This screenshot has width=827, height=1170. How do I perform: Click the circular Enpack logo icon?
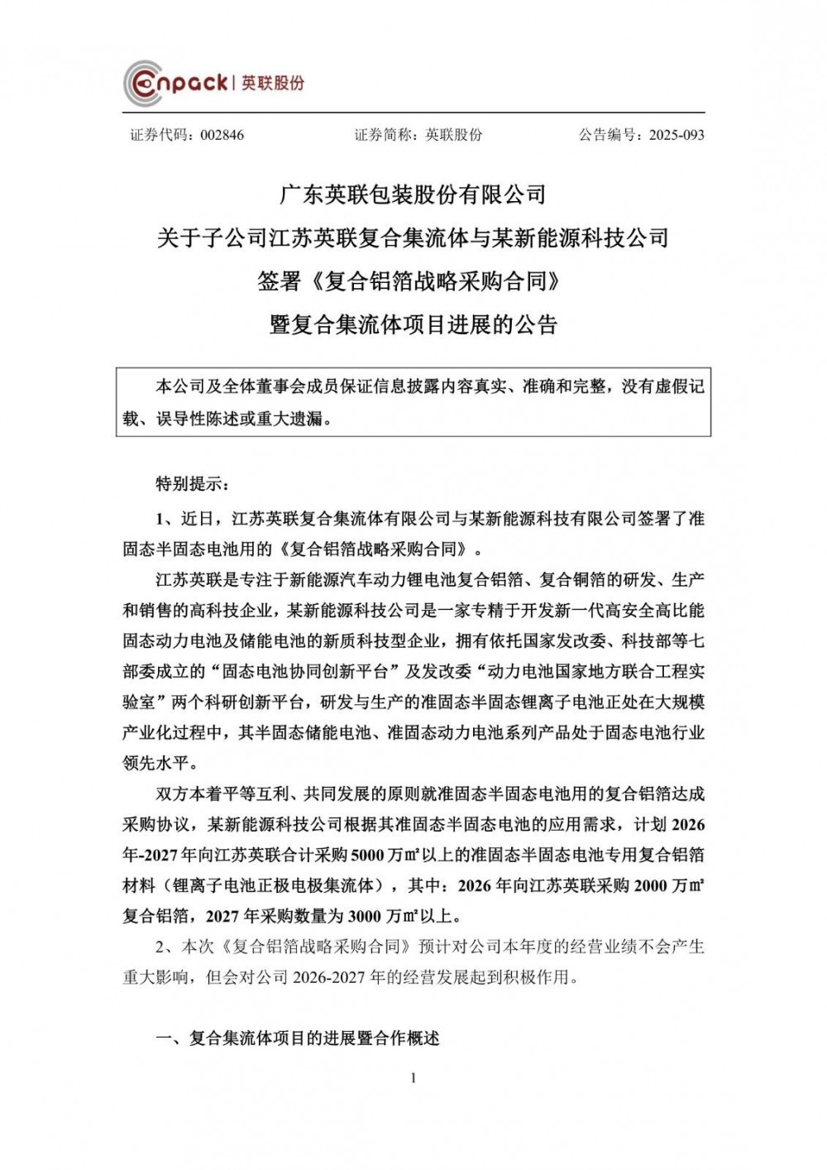[143, 83]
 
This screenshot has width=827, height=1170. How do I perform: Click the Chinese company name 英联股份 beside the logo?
[273, 83]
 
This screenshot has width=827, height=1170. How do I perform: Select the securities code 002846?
[222, 135]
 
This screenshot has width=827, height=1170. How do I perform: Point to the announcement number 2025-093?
[676, 135]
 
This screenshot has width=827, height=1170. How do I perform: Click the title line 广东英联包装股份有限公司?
[413, 195]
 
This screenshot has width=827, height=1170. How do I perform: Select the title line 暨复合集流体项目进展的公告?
[413, 324]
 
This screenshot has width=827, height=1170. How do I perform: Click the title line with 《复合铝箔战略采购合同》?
[413, 281]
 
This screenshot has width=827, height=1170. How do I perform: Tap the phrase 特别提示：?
[189, 483]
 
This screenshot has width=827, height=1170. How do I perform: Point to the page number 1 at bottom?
[413, 1077]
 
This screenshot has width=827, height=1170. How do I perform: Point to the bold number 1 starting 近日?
[161, 519]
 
